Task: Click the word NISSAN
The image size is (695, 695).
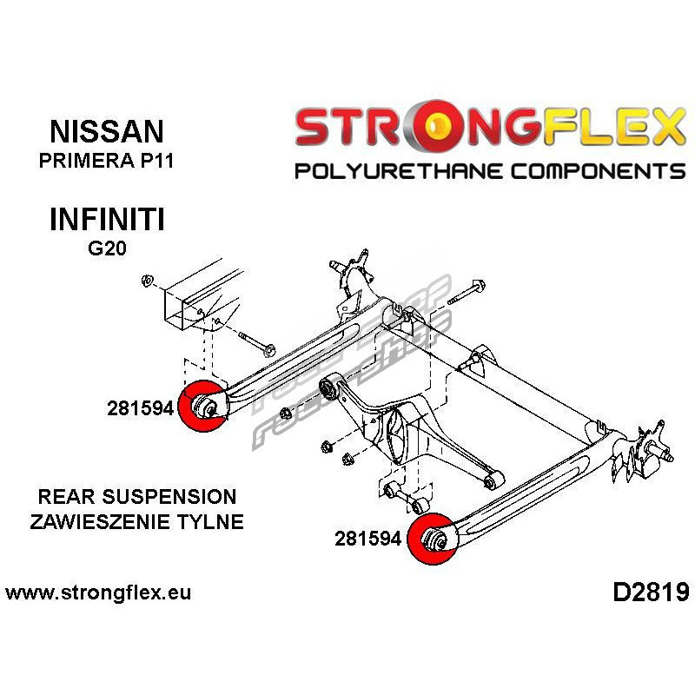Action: click(x=107, y=131)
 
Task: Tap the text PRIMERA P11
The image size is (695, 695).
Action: click(x=106, y=161)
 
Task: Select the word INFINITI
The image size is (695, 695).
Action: click(x=107, y=220)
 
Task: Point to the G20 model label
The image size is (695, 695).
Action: click(x=107, y=248)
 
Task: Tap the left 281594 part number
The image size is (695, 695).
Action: click(x=141, y=408)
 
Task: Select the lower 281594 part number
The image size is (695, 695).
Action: click(x=367, y=539)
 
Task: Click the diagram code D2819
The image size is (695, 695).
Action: click(x=651, y=592)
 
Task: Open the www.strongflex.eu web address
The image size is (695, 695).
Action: click(x=98, y=592)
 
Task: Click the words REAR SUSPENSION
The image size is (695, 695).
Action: click(x=137, y=496)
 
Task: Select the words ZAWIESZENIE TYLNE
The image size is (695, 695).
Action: click(x=137, y=522)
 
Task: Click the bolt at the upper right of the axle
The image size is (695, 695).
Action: click(x=467, y=293)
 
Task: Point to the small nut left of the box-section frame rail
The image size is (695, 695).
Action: click(x=147, y=281)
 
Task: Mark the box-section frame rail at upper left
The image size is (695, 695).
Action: click(x=202, y=298)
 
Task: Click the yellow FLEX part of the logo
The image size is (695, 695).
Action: click(x=614, y=127)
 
